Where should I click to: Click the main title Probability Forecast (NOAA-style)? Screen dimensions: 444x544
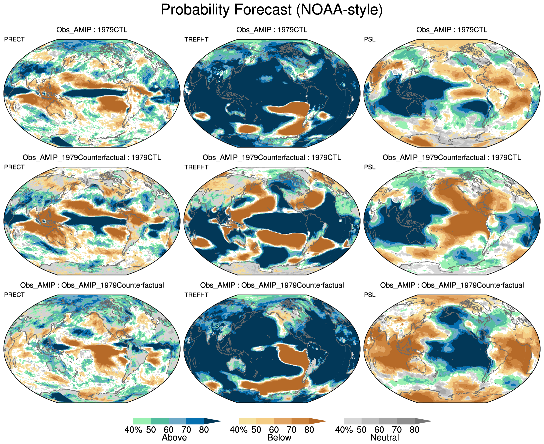[272, 10]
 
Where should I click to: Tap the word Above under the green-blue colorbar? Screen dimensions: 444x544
[174, 438]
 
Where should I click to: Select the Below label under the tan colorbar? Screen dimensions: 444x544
[279, 438]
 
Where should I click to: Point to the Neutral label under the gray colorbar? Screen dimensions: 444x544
[385, 438]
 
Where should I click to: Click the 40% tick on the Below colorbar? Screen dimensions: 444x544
[239, 430]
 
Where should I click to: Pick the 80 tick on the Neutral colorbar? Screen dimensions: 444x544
[414, 430]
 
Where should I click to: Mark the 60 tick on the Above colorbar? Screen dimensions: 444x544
[169, 430]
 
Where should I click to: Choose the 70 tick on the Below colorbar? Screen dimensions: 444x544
[292, 430]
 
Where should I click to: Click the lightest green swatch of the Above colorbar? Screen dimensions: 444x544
[142, 421]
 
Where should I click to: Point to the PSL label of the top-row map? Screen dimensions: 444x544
[370, 39]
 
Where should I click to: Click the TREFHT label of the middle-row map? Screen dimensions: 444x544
[196, 167]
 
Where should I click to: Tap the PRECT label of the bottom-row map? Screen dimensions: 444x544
[14, 295]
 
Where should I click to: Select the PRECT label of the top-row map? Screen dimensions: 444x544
[14, 39]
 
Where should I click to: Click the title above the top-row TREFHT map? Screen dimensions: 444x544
[272, 30]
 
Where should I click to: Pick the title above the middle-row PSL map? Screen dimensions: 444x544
[452, 157]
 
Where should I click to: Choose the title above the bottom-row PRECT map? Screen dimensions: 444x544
[92, 285]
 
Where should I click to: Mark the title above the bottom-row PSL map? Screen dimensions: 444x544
[452, 285]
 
